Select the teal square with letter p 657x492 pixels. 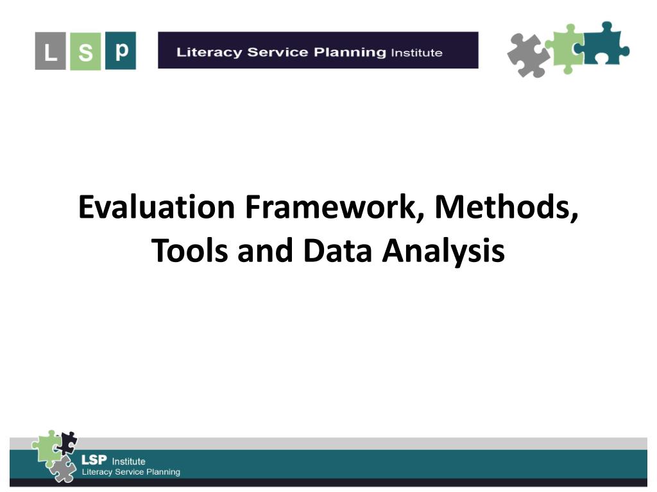pyautogui.click(x=121, y=50)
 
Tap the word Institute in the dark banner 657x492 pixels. pyautogui.click(x=416, y=53)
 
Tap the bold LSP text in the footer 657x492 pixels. pyautogui.click(x=94, y=461)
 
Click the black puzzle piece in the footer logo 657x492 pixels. pyautogui.click(x=67, y=443)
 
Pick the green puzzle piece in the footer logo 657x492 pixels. pyautogui.click(x=47, y=447)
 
